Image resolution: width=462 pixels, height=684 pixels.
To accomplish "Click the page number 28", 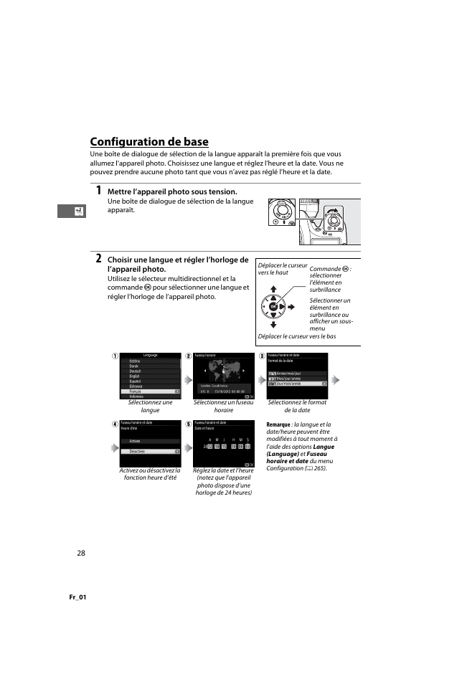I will (81, 553).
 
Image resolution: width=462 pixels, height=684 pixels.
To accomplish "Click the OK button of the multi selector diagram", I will (273, 306).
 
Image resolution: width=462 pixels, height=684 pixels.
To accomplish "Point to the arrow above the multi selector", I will (273, 290).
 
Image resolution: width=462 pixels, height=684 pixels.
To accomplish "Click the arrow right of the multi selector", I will (291, 307).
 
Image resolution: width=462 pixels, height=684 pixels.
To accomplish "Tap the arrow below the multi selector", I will (273, 324).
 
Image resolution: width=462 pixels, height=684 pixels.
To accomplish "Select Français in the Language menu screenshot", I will (136, 391).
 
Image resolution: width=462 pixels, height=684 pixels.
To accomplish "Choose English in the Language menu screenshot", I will (135, 376).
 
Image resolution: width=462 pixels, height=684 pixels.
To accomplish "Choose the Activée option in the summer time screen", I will (136, 441).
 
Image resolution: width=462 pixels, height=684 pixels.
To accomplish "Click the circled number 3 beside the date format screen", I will (262, 356).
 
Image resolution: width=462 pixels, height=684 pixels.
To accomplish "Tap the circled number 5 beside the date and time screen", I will (188, 424).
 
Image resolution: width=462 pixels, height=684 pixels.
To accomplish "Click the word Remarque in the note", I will (278, 424).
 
